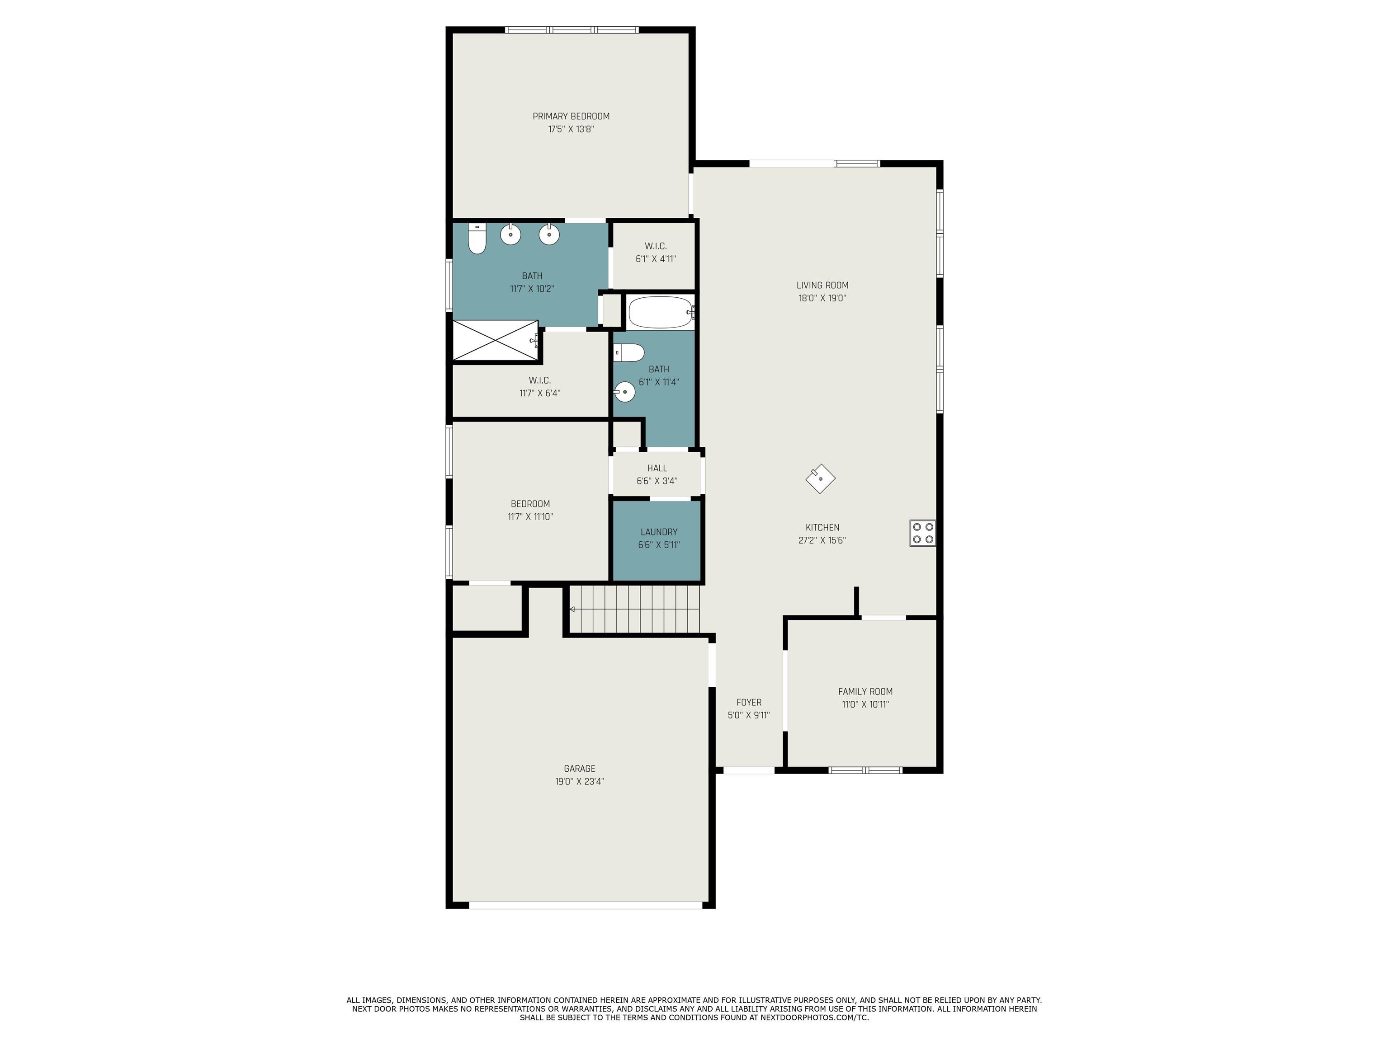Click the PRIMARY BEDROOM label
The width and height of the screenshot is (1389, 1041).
click(571, 116)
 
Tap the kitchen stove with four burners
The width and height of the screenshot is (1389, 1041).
click(922, 533)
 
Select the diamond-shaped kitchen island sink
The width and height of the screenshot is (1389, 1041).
click(821, 479)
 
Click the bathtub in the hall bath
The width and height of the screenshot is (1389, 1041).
click(661, 312)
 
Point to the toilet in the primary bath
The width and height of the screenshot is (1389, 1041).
click(477, 239)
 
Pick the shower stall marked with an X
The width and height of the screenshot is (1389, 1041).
click(496, 340)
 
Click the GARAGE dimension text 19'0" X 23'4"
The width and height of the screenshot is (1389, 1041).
click(579, 781)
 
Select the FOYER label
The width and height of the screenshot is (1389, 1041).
click(748, 702)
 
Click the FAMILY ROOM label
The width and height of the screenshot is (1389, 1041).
click(865, 691)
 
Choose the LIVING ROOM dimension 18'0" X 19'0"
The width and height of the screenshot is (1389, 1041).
click(822, 298)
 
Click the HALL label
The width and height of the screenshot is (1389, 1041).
click(657, 468)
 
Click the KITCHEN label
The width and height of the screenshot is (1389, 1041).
click(822, 528)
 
